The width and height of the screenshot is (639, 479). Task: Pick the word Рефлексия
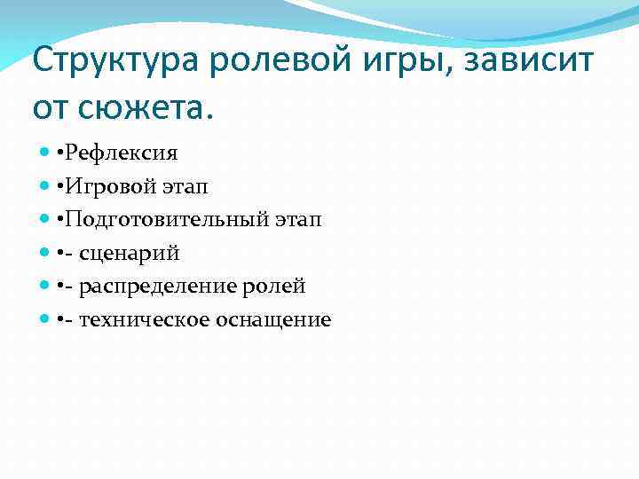pyautogui.click(x=128, y=153)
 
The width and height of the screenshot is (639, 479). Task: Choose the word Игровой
pyautogui.click(x=117, y=186)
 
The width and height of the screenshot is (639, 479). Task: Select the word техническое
pyautogui.click(x=146, y=319)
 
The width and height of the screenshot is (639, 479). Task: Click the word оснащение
pyautogui.click(x=275, y=320)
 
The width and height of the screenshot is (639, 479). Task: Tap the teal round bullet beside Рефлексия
pyautogui.click(x=45, y=153)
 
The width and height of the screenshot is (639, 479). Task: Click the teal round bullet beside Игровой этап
pyautogui.click(x=45, y=186)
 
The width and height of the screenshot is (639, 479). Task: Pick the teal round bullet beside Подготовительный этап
pyautogui.click(x=45, y=220)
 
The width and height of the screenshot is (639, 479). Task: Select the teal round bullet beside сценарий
pyautogui.click(x=45, y=253)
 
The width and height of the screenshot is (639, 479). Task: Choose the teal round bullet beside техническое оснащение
pyautogui.click(x=45, y=319)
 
